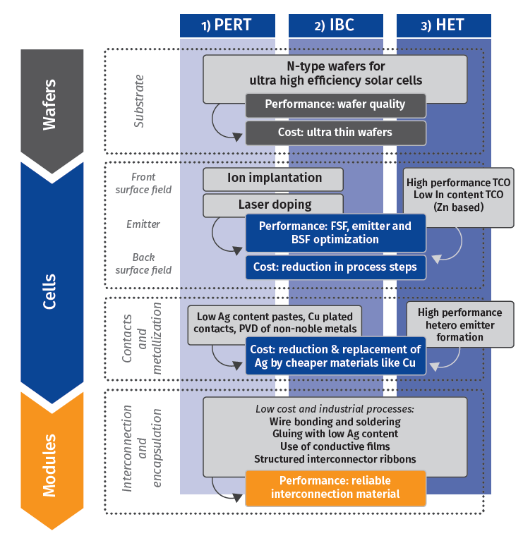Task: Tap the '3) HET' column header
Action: click(x=443, y=25)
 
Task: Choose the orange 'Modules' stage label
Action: click(x=49, y=458)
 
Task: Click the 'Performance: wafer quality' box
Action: click(x=335, y=104)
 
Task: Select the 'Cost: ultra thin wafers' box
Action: click(x=335, y=132)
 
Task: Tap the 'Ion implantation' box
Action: click(x=273, y=178)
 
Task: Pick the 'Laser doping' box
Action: click(x=273, y=205)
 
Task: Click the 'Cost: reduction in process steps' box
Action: click(x=335, y=267)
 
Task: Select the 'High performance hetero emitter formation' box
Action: click(x=459, y=324)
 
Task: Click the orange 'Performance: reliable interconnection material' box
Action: click(x=335, y=487)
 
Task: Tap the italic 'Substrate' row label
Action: click(x=139, y=100)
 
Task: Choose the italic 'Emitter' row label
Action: click(x=143, y=224)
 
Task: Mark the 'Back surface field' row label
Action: click(x=143, y=264)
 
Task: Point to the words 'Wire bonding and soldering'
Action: click(x=335, y=422)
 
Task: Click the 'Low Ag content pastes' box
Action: click(x=276, y=324)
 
